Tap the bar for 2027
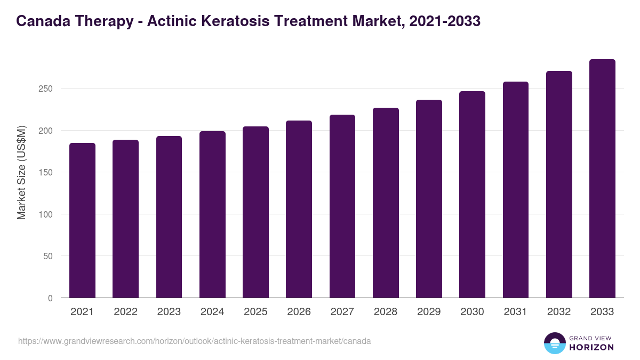tap(342, 206)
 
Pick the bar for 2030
tap(472, 195)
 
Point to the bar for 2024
tap(212, 214)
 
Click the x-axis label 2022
tap(125, 312)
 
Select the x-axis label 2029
tap(429, 312)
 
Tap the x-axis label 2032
tap(559, 312)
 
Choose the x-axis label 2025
tap(255, 312)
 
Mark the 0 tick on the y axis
tap(50, 298)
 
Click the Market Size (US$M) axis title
tap(21, 172)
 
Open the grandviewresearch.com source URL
tap(194, 341)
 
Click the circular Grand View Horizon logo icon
tap(555, 343)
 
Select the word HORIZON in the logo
tap(591, 347)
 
